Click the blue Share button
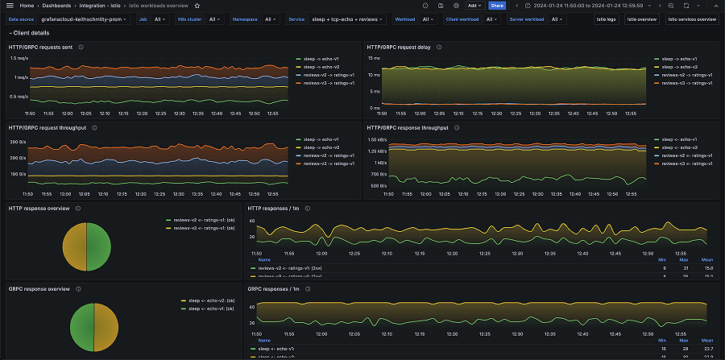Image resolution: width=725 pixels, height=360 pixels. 497,6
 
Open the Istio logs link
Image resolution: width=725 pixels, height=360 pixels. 606,19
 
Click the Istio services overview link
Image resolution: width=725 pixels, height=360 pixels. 691,19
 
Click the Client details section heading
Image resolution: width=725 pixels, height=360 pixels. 31,33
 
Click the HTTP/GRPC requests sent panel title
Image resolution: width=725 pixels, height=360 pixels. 40,47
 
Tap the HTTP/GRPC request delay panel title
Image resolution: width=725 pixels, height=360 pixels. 400,47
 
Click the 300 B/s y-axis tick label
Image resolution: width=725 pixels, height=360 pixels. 17,142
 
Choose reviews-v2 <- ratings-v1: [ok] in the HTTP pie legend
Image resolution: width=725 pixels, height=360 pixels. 201,220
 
